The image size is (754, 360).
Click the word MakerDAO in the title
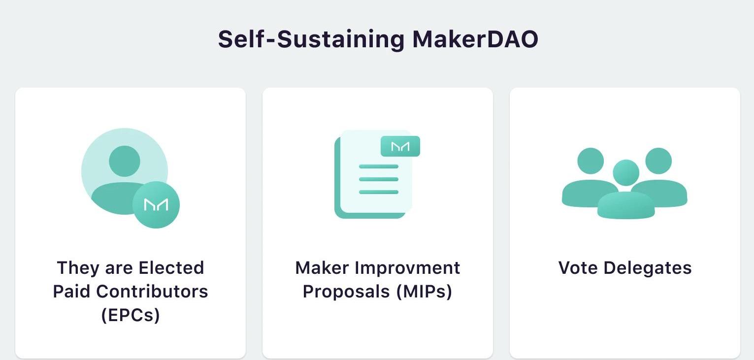pyautogui.click(x=475, y=39)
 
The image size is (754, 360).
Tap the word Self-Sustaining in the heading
pyautogui.click(x=311, y=40)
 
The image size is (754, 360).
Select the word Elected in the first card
pyautogui.click(x=171, y=268)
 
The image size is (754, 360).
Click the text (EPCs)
pyautogui.click(x=131, y=315)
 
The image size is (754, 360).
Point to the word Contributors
pyautogui.click(x=152, y=292)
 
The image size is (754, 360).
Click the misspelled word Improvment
pyautogui.click(x=407, y=268)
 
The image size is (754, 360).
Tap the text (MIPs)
pyautogui.click(x=424, y=292)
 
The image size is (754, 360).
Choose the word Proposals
pyautogui.click(x=346, y=292)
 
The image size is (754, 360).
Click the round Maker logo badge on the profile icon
pyautogui.click(x=156, y=204)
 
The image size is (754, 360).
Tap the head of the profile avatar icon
pyautogui.click(x=125, y=161)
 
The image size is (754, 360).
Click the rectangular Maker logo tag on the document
pyautogui.click(x=400, y=146)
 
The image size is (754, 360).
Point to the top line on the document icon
pyautogui.click(x=379, y=166)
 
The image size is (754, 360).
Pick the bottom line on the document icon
pyautogui.click(x=379, y=192)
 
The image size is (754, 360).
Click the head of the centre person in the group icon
pyautogui.click(x=626, y=172)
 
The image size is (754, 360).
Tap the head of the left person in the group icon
pyautogui.click(x=590, y=161)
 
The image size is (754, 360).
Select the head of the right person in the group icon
pyautogui.click(x=658, y=161)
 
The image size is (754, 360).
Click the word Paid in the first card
pyautogui.click(x=71, y=292)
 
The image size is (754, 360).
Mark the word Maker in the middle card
pyautogui.click(x=322, y=268)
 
